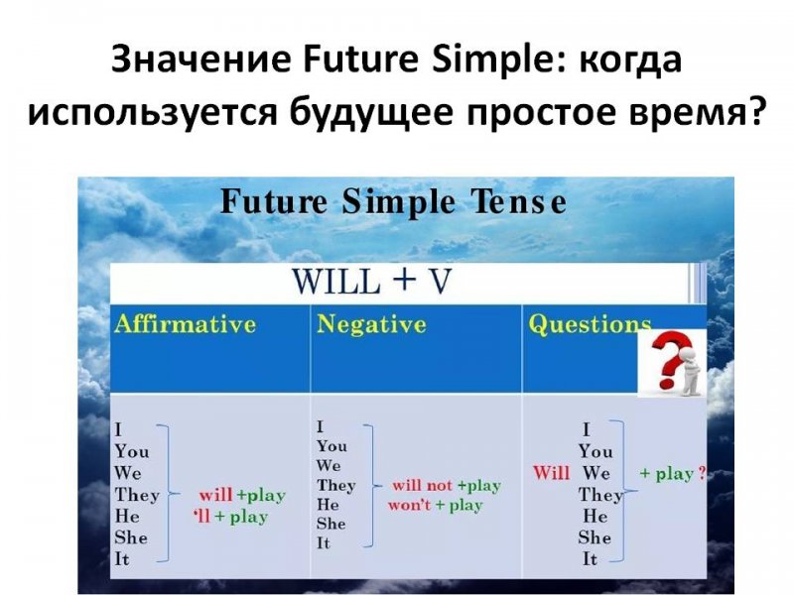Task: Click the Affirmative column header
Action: [x=186, y=324]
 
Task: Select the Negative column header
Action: [x=371, y=325]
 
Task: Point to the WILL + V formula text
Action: [x=371, y=282]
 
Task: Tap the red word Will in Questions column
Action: [x=551, y=473]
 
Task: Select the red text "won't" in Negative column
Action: [x=409, y=505]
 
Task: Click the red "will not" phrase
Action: [x=422, y=485]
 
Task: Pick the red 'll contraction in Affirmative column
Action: [x=201, y=516]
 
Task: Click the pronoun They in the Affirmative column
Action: [x=137, y=494]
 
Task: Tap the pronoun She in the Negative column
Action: [x=331, y=524]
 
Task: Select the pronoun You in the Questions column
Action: [x=595, y=451]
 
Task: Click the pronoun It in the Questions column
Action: [x=590, y=559]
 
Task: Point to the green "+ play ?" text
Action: [x=673, y=474]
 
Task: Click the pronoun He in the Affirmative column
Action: [x=127, y=516]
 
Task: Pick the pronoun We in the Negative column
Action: [x=329, y=465]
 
